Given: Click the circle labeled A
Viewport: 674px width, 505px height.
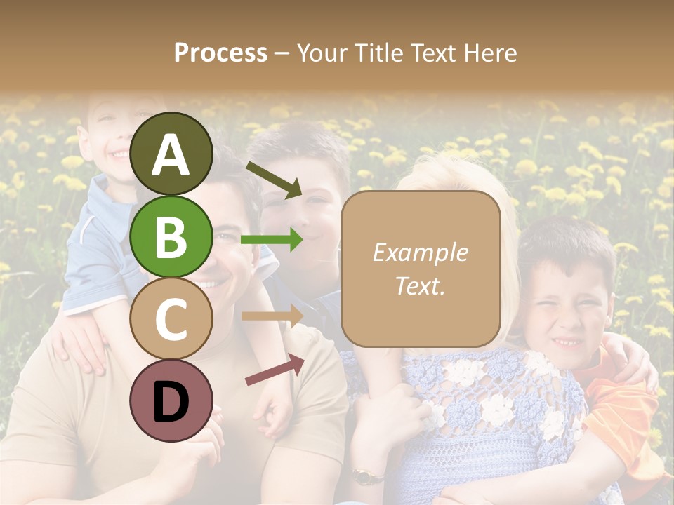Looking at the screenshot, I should click(x=171, y=154).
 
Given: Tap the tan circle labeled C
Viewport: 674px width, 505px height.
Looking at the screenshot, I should click(x=171, y=318).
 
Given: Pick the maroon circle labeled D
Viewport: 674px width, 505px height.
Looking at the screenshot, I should click(x=171, y=400).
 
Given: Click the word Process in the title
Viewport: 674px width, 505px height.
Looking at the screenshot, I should click(x=220, y=53).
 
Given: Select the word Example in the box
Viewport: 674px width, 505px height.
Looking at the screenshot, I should click(x=420, y=252).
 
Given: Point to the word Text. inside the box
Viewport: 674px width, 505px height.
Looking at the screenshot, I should click(x=420, y=285).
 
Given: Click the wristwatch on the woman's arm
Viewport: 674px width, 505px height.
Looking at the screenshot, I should click(x=364, y=476).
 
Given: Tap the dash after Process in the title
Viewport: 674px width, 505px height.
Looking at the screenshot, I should click(x=282, y=53).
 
